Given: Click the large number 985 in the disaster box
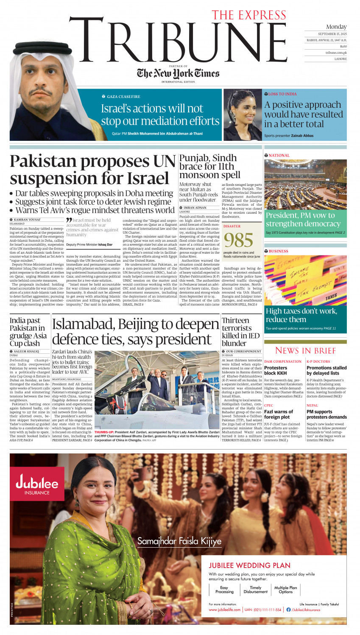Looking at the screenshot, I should click(x=239, y=241).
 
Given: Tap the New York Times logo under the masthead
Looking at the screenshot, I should click(x=178, y=73).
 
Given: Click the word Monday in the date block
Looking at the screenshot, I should click(x=336, y=27).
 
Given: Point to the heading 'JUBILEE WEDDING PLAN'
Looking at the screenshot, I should click(x=249, y=565).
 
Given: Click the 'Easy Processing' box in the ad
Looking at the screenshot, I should click(x=224, y=590).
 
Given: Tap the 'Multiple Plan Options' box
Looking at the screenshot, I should click(x=285, y=590).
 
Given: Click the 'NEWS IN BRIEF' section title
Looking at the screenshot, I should click(x=305, y=350).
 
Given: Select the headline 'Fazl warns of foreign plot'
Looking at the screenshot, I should click(x=278, y=414).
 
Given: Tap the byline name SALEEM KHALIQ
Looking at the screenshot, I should click(x=26, y=351).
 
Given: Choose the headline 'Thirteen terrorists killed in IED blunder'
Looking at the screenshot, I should click(x=240, y=332).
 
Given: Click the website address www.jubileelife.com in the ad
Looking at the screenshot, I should click(x=225, y=610).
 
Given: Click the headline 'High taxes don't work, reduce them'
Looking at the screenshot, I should click(x=301, y=315).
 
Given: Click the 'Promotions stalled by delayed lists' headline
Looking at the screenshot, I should click(x=326, y=370).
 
